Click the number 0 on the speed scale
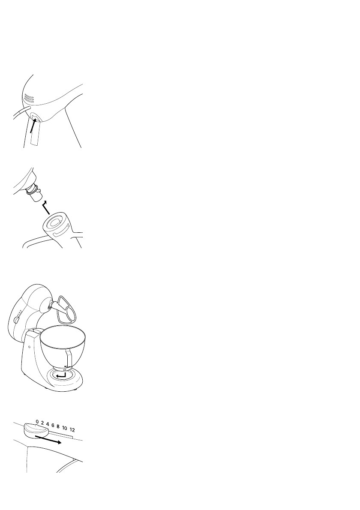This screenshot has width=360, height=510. tap(37, 421)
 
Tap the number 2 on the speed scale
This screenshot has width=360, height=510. tap(43, 422)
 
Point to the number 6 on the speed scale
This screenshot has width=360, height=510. tap(53, 425)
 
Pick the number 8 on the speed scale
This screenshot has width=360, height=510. tap(57, 426)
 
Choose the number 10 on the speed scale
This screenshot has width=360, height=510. tap(64, 428)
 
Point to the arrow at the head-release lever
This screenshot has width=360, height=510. tap(33, 126)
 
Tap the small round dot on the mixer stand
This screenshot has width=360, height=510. tap(29, 346)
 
